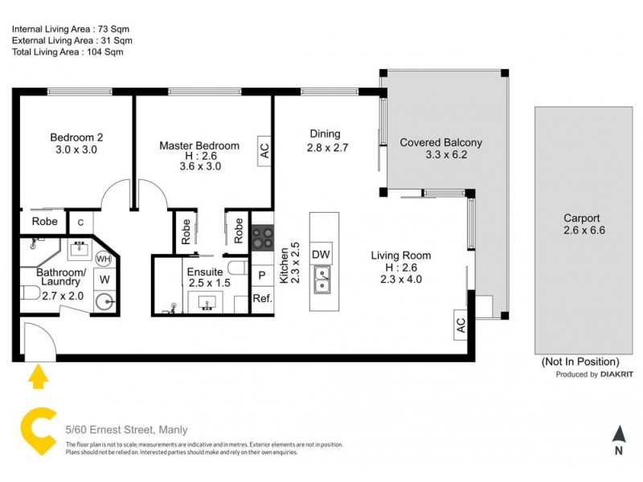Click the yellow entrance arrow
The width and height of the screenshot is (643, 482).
pyautogui.click(x=37, y=375)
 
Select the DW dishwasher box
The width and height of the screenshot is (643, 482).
pyautogui.click(x=321, y=253)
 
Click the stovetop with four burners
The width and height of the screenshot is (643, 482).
pyautogui.click(x=263, y=236)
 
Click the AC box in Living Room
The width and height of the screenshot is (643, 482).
pyautogui.click(x=461, y=324)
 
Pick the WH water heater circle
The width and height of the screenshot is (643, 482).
pyautogui.click(x=104, y=259)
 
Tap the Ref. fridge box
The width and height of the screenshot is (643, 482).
pyautogui.click(x=262, y=298)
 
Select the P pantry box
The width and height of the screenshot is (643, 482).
pyautogui.click(x=262, y=276)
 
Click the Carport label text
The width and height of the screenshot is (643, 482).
pyautogui.click(x=581, y=218)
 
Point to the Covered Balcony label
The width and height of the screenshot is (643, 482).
pyautogui.click(x=441, y=143)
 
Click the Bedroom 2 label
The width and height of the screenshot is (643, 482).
pyautogui.click(x=76, y=137)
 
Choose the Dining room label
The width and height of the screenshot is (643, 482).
pyautogui.click(x=325, y=134)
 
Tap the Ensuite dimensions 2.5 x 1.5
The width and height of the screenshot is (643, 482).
pyautogui.click(x=208, y=283)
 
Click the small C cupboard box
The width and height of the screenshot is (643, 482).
pyautogui.click(x=80, y=223)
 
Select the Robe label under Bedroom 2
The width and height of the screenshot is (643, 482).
pyautogui.click(x=43, y=222)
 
